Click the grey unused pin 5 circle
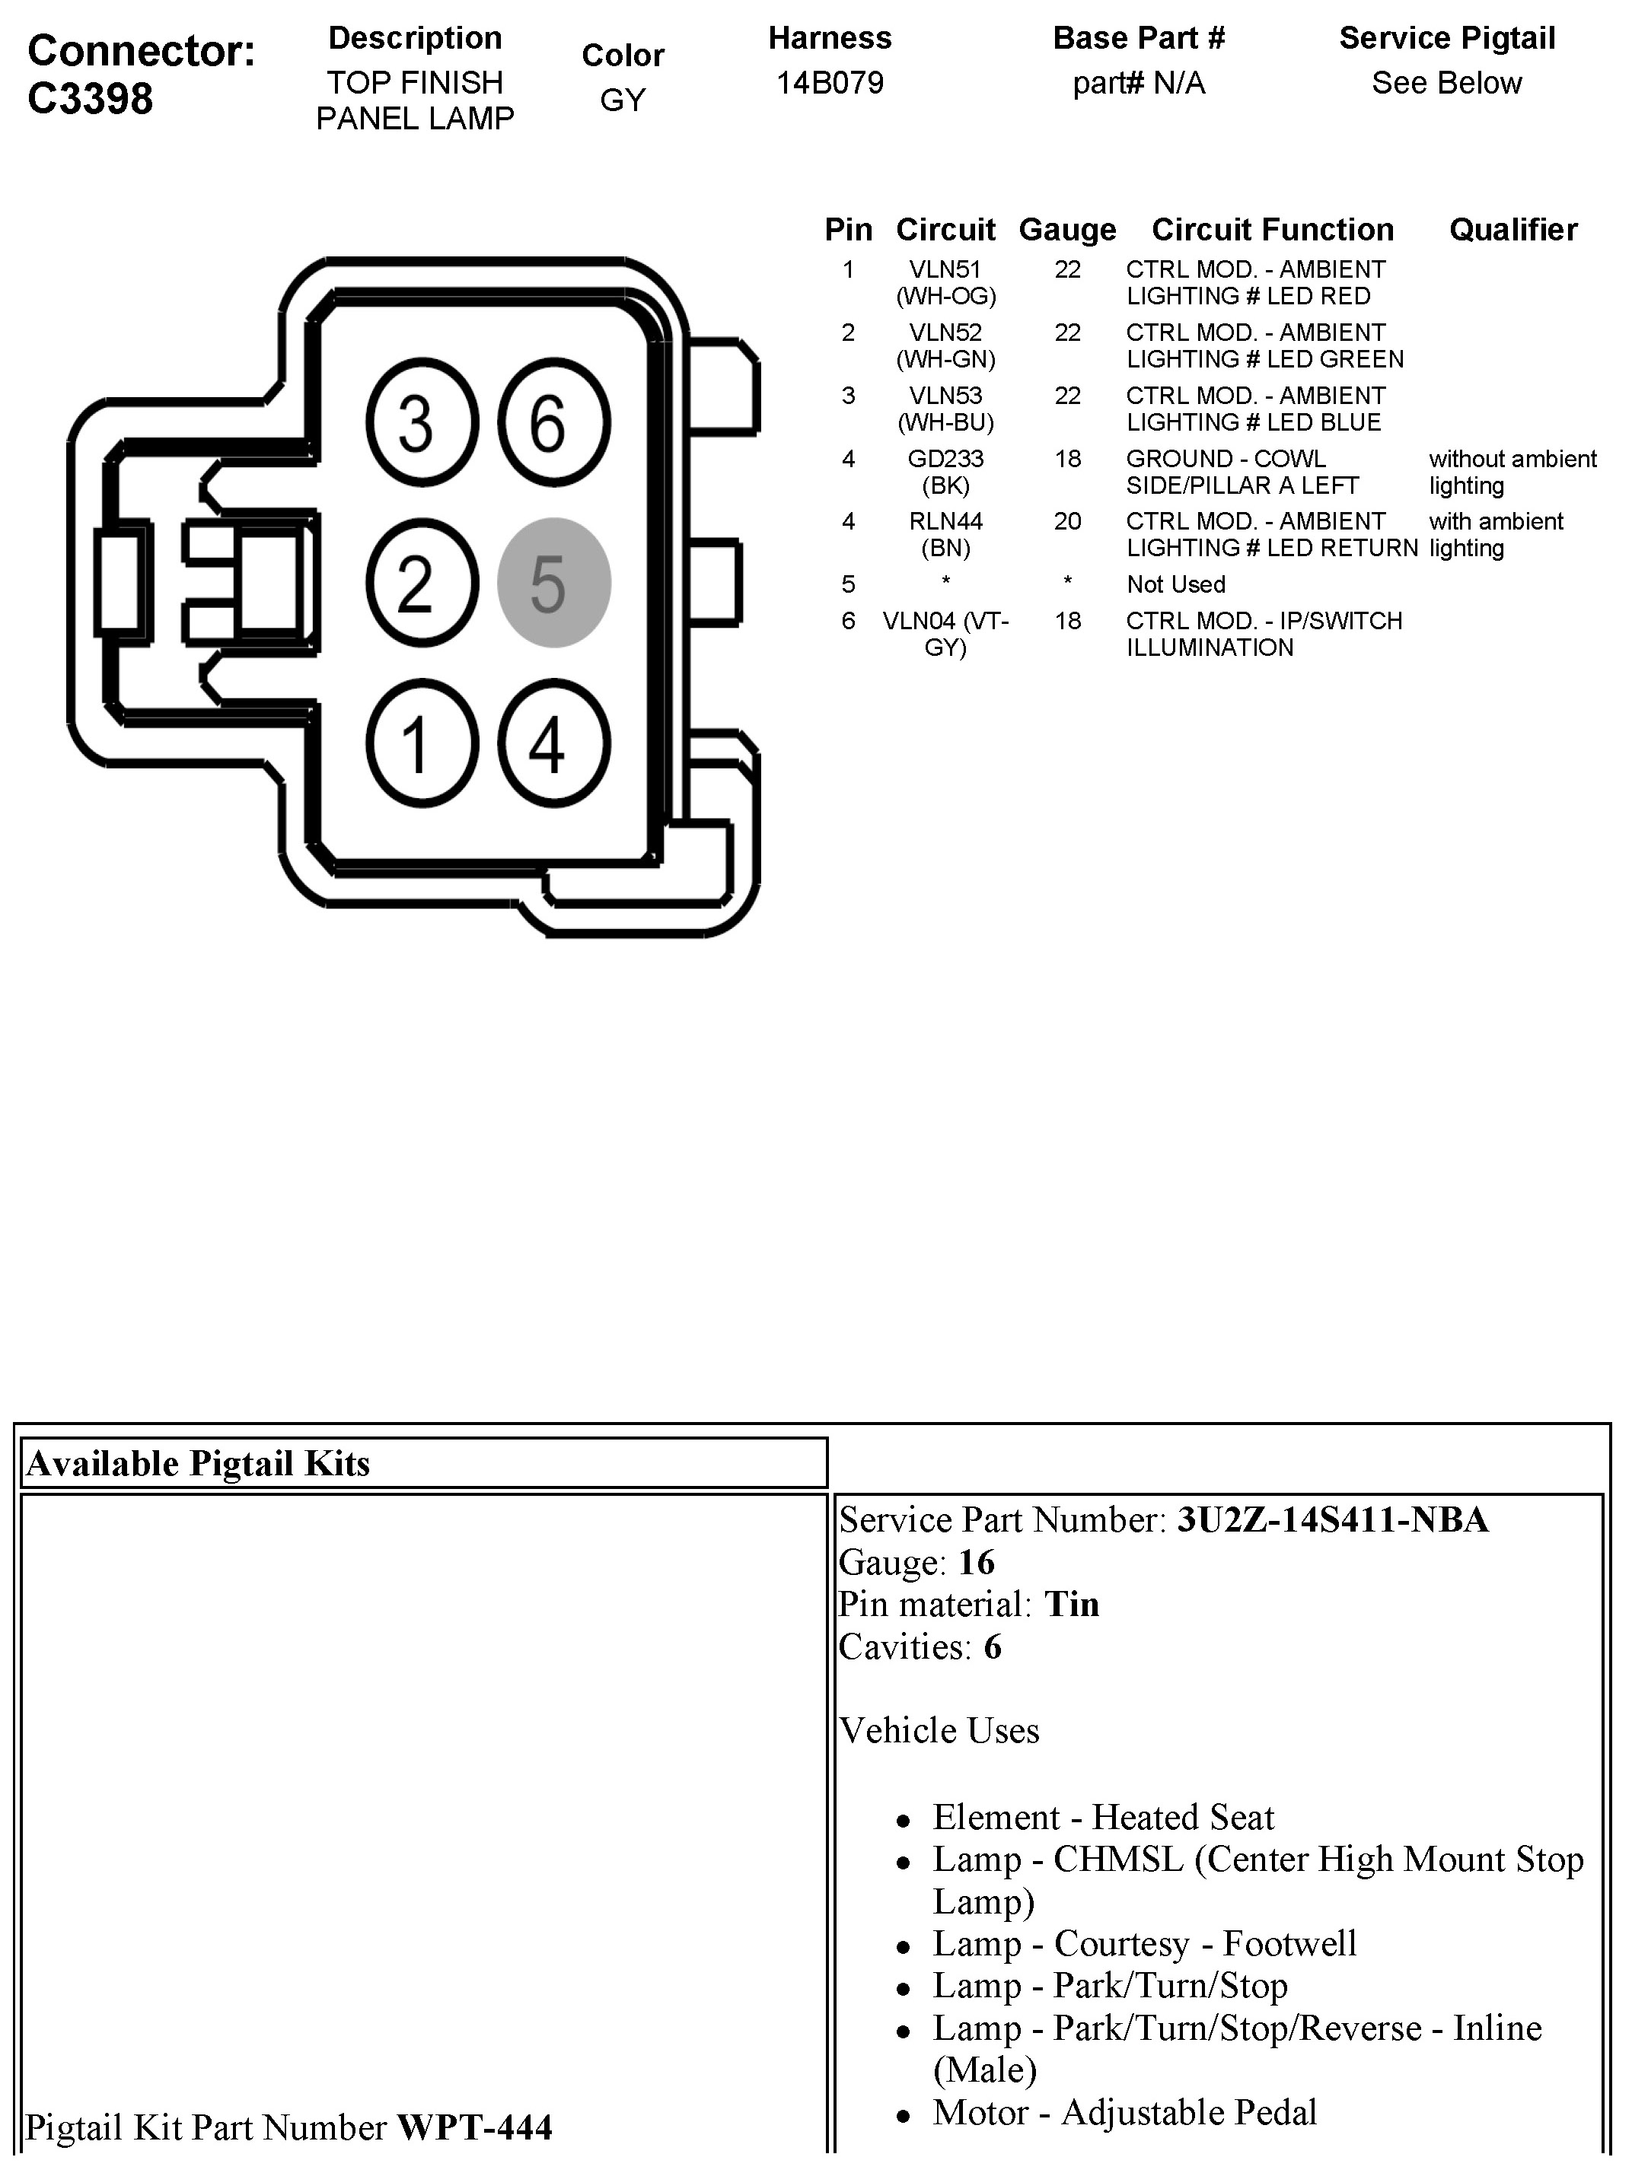click(554, 583)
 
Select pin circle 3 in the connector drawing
click(422, 422)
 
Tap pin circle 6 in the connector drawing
click(554, 422)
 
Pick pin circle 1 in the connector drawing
click(422, 743)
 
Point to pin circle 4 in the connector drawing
click(554, 743)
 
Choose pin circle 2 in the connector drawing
click(422, 583)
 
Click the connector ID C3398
click(91, 98)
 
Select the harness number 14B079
click(829, 82)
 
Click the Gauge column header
click(1067, 230)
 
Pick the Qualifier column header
click(1513, 230)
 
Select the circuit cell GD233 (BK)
click(945, 472)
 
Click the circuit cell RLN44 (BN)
click(945, 534)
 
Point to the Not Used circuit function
click(1176, 584)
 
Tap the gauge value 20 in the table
click(1067, 522)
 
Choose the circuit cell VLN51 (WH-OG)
click(945, 283)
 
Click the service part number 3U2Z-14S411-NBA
click(1332, 1519)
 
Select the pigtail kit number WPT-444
click(474, 2128)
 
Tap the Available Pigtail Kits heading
click(199, 1464)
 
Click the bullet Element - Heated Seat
click(1102, 1818)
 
